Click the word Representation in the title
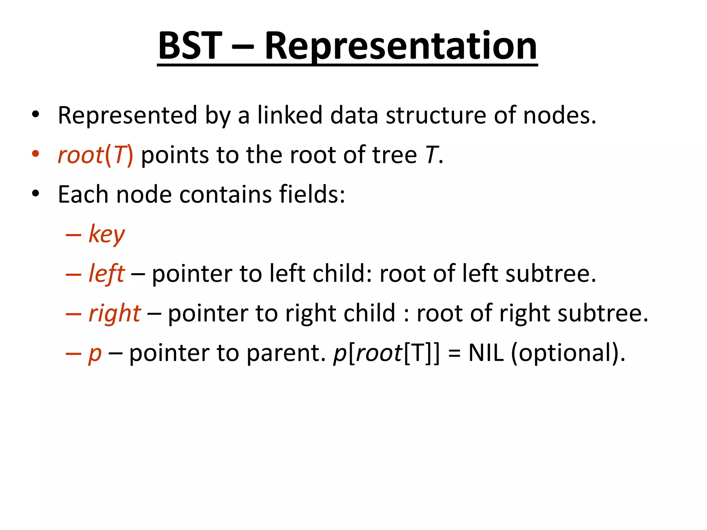[400, 47]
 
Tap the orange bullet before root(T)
[36, 154]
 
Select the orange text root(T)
[95, 155]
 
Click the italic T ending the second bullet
[431, 155]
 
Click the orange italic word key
[107, 235]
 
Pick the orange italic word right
[114, 314]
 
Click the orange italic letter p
[95, 354]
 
